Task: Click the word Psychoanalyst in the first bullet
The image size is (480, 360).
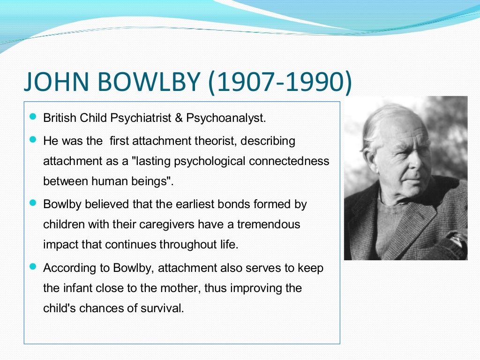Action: tap(226, 118)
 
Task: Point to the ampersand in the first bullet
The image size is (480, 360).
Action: tap(178, 118)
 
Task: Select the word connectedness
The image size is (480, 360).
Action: tap(289, 161)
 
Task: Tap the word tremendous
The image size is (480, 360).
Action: tap(269, 224)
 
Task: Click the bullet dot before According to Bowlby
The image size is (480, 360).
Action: tap(32, 266)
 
